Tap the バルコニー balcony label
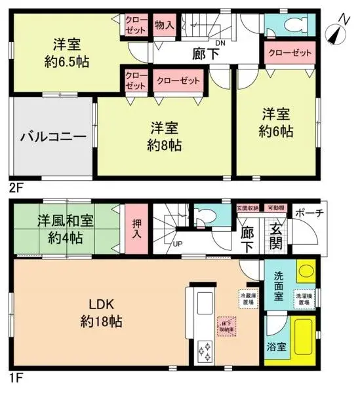(x=53, y=138)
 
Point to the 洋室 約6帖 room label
(x=275, y=122)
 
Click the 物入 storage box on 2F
(x=165, y=25)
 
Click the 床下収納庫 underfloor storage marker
(x=227, y=326)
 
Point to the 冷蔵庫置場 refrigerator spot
(x=249, y=299)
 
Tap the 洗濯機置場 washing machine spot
(x=303, y=299)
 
